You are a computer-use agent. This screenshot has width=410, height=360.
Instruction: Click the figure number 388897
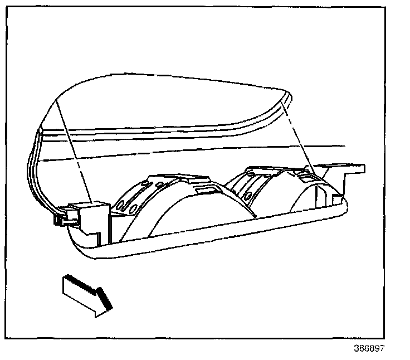[x=368, y=349]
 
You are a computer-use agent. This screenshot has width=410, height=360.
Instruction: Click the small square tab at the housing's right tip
[x=338, y=198]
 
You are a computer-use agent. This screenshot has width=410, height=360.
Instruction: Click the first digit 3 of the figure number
[x=356, y=349]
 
